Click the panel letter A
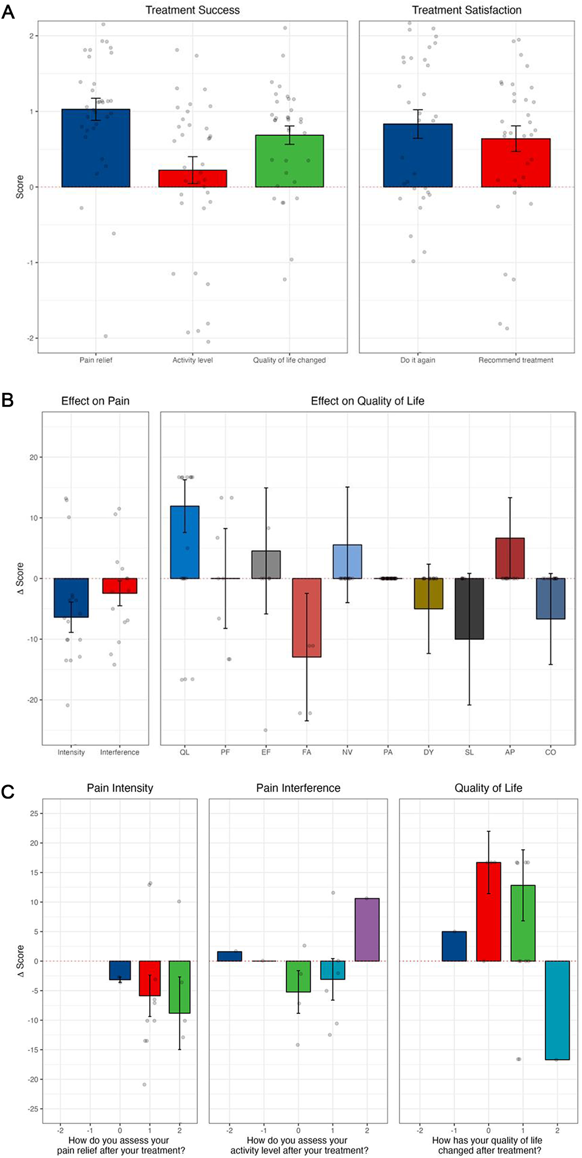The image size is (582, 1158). pyautogui.click(x=8, y=12)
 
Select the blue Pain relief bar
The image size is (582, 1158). pyautogui.click(x=96, y=148)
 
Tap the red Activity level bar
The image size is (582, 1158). pyautogui.click(x=193, y=179)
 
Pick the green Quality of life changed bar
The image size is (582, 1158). pyautogui.click(x=289, y=161)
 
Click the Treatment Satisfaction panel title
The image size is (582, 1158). pyautogui.click(x=466, y=10)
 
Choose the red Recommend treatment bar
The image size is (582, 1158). pyautogui.click(x=516, y=163)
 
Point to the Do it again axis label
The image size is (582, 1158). pyautogui.click(x=418, y=360)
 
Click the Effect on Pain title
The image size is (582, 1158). pyautogui.click(x=95, y=401)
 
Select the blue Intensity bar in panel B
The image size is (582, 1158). pyautogui.click(x=71, y=598)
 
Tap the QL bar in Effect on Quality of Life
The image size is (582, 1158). pyautogui.click(x=185, y=542)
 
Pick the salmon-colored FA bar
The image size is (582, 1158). pyautogui.click(x=307, y=617)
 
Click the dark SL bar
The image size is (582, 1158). pyautogui.click(x=469, y=609)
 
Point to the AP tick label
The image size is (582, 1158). pyautogui.click(x=510, y=752)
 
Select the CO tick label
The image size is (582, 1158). pyautogui.click(x=551, y=752)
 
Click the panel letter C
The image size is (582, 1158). pyautogui.click(x=8, y=793)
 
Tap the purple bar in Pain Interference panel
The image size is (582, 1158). pyautogui.click(x=367, y=930)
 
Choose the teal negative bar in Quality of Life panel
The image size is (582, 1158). pyautogui.click(x=557, y=1010)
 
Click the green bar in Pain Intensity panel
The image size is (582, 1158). pyautogui.click(x=180, y=987)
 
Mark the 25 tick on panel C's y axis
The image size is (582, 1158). pyautogui.click(x=34, y=813)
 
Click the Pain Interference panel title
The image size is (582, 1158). pyautogui.click(x=298, y=788)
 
